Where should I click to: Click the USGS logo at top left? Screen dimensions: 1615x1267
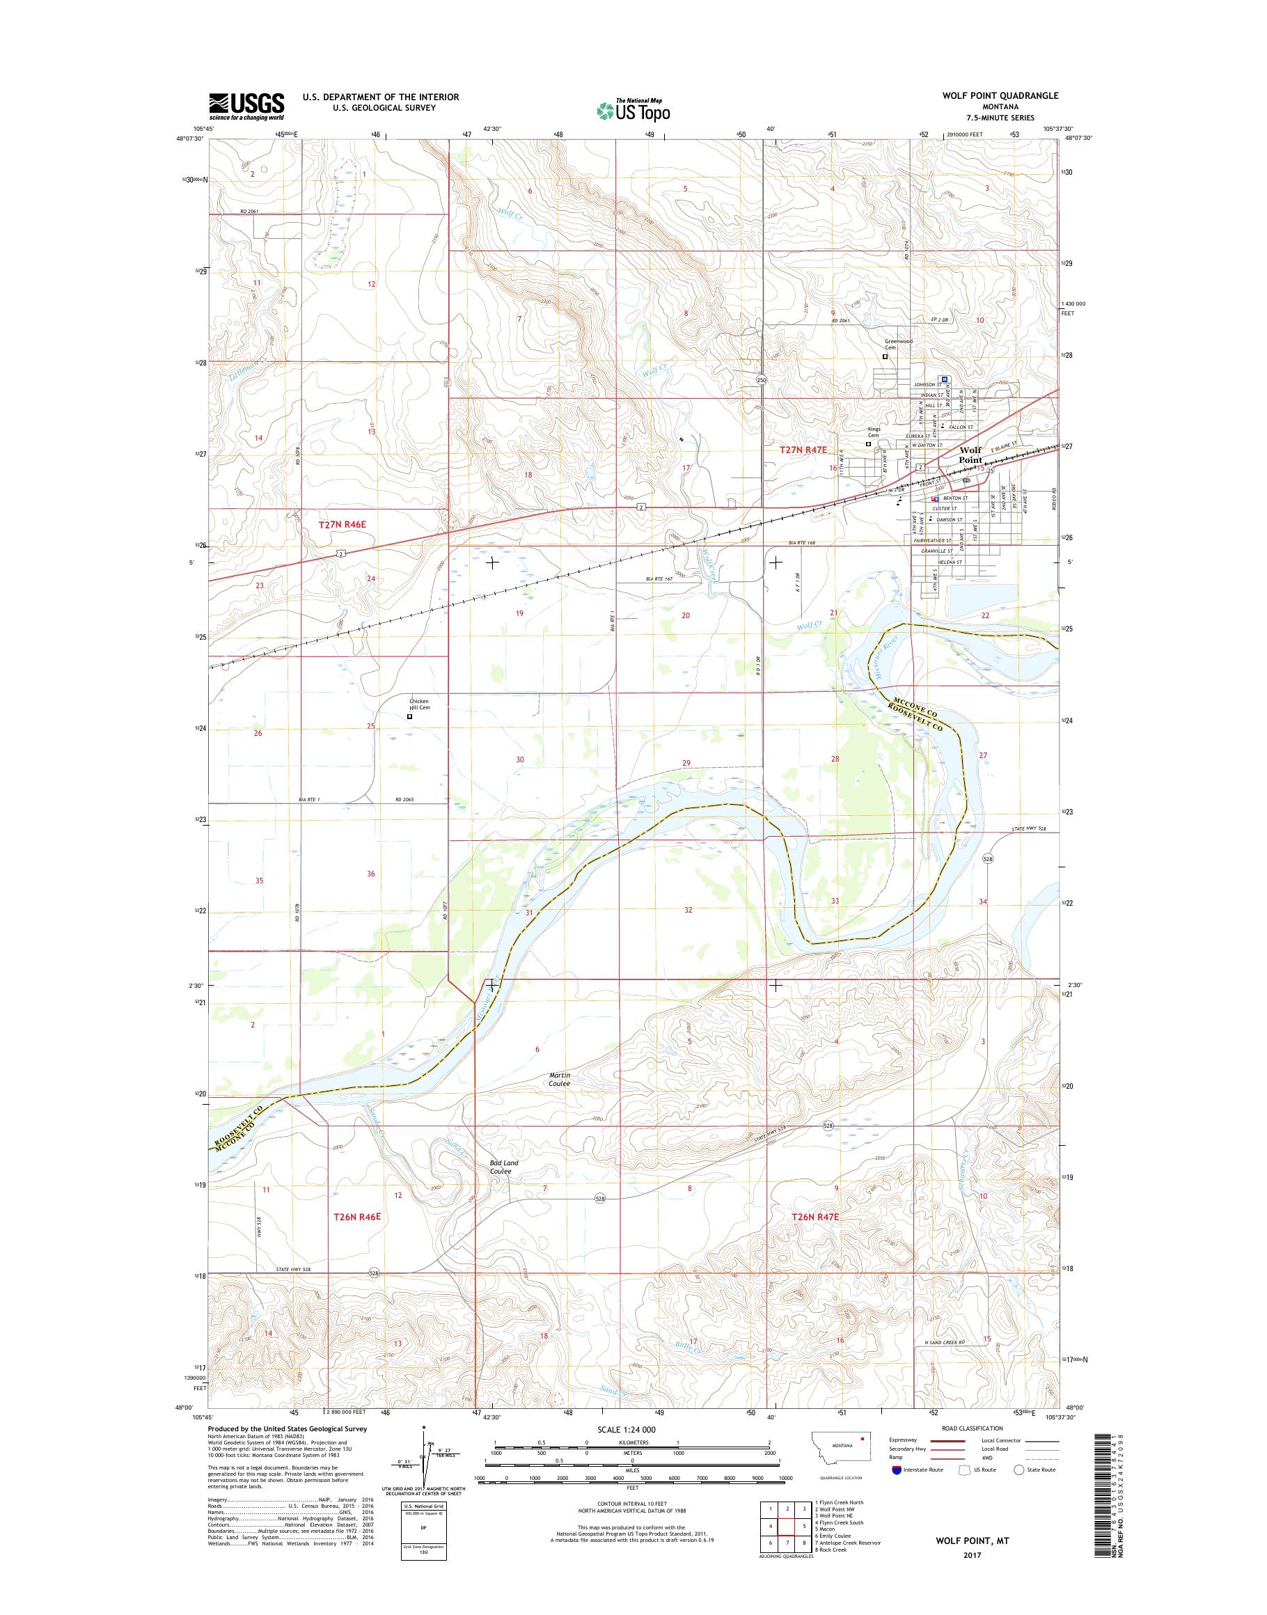tap(246, 107)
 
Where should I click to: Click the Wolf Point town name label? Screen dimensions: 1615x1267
tap(970, 455)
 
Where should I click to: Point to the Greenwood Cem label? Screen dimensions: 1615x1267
tap(897, 344)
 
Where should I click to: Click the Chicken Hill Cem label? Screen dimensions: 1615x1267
tap(419, 704)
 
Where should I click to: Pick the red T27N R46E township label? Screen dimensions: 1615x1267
tap(343, 524)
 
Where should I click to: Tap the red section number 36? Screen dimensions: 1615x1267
tap(371, 874)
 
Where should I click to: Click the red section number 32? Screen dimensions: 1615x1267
tap(688, 910)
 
